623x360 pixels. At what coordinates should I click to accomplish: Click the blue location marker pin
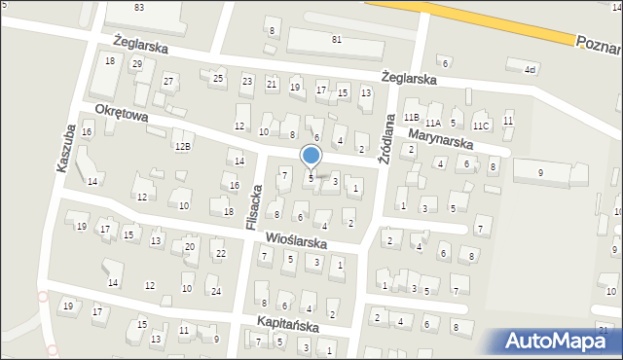pyautogui.click(x=311, y=156)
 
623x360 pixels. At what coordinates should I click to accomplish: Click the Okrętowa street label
pyautogui.click(x=122, y=114)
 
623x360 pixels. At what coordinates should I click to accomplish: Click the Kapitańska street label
pyautogui.click(x=288, y=322)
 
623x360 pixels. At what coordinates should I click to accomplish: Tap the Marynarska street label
pyautogui.click(x=440, y=140)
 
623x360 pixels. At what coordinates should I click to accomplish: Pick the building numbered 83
pyautogui.click(x=139, y=7)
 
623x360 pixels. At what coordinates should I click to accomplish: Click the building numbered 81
pyautogui.click(x=336, y=39)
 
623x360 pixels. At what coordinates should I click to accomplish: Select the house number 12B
pyautogui.click(x=182, y=147)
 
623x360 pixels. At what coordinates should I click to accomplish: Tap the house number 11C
pyautogui.click(x=480, y=126)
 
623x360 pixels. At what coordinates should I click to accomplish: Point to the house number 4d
pyautogui.click(x=530, y=69)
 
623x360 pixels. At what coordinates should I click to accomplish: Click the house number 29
pyautogui.click(x=137, y=63)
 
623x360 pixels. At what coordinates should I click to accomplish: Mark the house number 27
pyautogui.click(x=168, y=81)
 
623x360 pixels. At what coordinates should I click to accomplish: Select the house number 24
pyautogui.click(x=216, y=291)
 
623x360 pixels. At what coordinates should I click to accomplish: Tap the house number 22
pyautogui.click(x=221, y=254)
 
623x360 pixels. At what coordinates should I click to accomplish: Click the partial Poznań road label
pyautogui.click(x=598, y=42)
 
